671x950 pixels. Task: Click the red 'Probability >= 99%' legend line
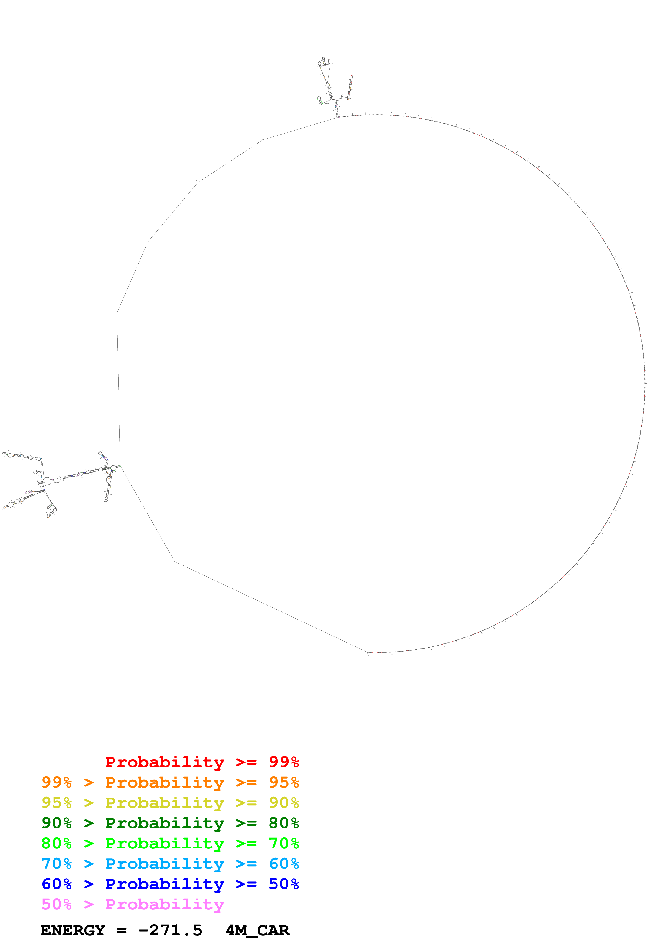point(202,762)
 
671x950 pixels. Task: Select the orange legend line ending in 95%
point(170,782)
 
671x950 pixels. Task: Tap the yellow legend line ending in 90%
point(170,803)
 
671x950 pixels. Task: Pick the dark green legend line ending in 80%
point(170,823)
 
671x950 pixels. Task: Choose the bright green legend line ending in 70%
point(170,843)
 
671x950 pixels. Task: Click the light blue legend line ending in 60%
point(170,864)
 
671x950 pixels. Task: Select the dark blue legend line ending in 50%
point(170,884)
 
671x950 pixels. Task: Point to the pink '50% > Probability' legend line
point(132,904)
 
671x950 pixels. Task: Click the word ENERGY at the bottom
point(73,931)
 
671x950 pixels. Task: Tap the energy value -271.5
point(170,931)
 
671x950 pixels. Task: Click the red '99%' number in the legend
point(284,762)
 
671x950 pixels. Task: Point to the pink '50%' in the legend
point(57,904)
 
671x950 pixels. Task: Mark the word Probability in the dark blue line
point(165,884)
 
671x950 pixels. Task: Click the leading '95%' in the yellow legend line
point(57,803)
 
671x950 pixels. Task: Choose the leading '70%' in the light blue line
point(57,864)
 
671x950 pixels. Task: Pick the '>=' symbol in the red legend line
point(246,762)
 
